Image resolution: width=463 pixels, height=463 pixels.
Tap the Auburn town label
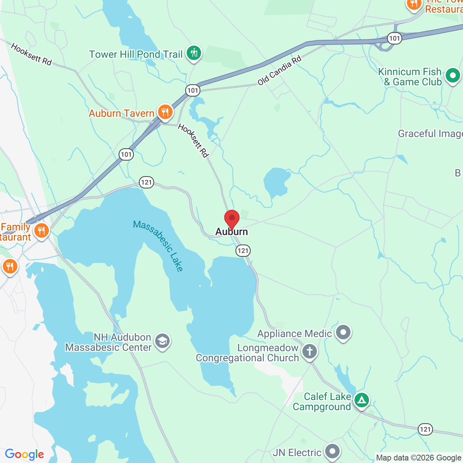[232, 232]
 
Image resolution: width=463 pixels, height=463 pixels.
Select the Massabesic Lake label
[158, 246]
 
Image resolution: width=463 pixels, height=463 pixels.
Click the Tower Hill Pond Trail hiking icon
[194, 53]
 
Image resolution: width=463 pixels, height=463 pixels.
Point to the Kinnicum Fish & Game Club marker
[453, 76]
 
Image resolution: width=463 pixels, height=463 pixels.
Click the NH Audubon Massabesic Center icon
[162, 341]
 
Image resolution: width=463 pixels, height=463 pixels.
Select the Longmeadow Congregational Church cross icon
[309, 351]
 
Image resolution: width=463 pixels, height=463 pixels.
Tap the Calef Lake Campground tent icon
[361, 400]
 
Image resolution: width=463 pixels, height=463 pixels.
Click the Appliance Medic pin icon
[343, 332]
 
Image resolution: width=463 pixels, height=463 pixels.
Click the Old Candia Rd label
[279, 71]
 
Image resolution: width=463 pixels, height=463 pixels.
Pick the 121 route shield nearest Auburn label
[243, 250]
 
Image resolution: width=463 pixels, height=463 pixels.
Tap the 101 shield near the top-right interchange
[394, 38]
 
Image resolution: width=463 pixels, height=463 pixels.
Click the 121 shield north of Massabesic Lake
[146, 182]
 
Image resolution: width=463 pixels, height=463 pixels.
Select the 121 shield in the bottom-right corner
[425, 429]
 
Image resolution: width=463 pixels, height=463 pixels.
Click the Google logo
[24, 454]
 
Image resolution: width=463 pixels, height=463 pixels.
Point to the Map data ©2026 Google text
[419, 458]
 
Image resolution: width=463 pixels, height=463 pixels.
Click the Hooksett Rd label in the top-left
[31, 54]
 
